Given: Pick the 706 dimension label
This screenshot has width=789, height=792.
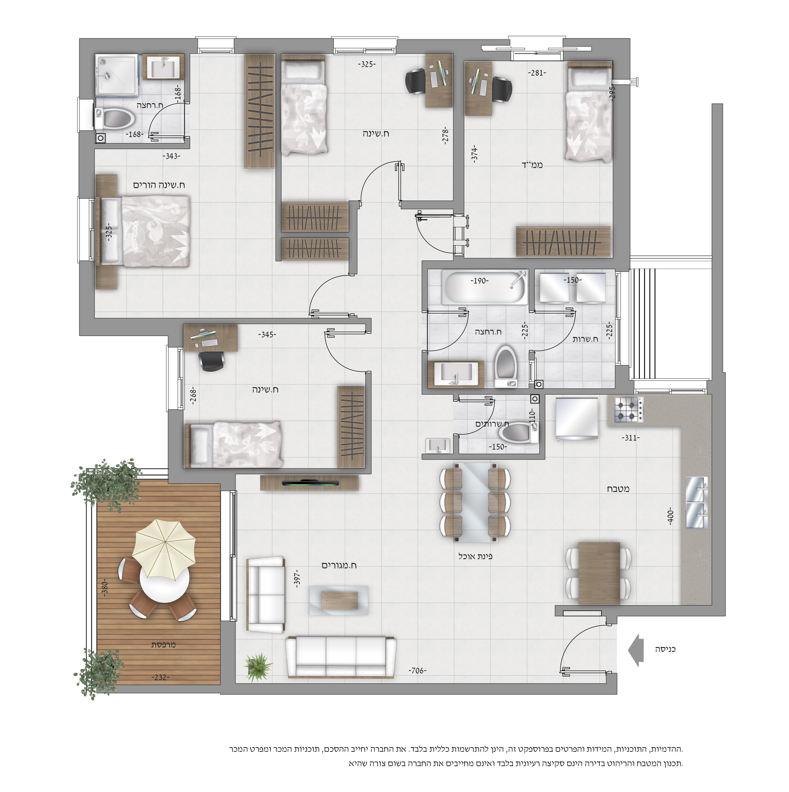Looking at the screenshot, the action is pos(417,671).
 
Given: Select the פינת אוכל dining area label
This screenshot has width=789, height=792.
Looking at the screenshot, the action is pos(475,556).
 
